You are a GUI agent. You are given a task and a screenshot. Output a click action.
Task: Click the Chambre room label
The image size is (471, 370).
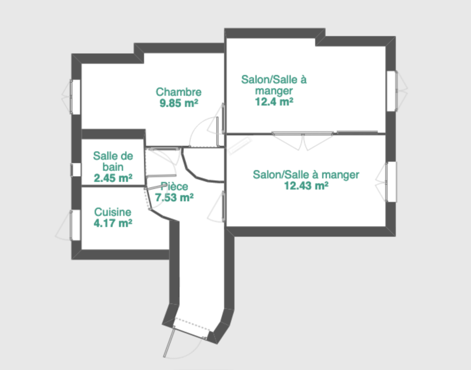click(x=179, y=92)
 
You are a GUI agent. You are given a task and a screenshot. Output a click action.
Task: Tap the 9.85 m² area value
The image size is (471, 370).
click(x=179, y=103)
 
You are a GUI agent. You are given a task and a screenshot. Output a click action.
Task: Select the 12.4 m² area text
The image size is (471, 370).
click(x=274, y=102)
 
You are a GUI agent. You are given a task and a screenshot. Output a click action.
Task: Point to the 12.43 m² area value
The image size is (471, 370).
click(x=306, y=186)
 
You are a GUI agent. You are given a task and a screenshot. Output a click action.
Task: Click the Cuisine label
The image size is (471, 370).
click(x=113, y=212)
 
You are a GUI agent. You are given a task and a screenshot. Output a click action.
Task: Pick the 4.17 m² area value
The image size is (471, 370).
click(x=113, y=223)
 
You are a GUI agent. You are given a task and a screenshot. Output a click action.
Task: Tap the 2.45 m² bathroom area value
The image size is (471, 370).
click(x=113, y=178)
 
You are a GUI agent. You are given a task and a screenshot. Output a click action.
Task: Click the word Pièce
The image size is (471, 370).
click(x=175, y=186)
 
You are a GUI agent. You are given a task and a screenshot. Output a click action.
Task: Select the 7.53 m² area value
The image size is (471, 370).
click(x=174, y=197)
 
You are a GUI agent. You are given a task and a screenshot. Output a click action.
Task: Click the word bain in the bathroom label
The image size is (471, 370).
click(x=113, y=167)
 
